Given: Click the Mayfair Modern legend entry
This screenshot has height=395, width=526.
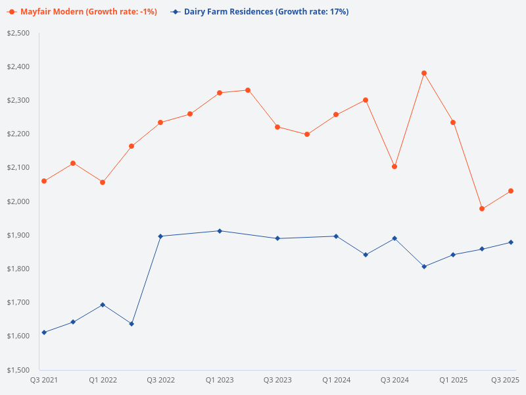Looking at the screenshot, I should point(82,12).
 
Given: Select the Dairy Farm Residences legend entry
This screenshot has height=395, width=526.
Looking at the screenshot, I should point(260,12).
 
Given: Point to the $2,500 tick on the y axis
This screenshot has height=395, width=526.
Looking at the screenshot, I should point(18,33).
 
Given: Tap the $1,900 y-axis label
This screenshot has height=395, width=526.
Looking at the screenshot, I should point(18,235).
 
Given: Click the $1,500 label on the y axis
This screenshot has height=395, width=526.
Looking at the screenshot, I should point(18,369).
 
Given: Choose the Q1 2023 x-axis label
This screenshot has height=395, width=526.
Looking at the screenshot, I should point(220,381).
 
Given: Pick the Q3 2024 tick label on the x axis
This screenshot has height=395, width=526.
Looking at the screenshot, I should point(394,381).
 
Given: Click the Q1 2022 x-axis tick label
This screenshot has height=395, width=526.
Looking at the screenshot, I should point(103,381).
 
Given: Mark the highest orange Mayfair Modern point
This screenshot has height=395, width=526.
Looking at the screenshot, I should point(424,73).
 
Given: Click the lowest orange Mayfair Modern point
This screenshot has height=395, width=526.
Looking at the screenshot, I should point(482,209).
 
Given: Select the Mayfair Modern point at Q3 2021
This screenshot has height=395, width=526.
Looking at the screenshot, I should point(44,181).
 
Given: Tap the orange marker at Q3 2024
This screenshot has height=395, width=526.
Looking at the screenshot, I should point(394,167).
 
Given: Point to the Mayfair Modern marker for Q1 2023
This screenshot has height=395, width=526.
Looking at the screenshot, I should point(220,93).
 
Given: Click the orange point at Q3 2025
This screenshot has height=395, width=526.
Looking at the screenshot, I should point(511,191).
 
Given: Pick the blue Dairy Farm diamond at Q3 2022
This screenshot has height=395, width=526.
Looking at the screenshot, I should point(161,236).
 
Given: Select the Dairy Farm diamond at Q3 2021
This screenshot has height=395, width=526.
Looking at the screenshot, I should point(44,332).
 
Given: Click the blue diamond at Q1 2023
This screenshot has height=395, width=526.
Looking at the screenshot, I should point(220,231).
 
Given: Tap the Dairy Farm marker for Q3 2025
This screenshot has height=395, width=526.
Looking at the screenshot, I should point(511,242).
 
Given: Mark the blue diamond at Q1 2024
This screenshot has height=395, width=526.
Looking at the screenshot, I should point(336,236).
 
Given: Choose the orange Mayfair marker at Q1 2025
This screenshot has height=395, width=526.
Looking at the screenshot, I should point(453,122).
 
